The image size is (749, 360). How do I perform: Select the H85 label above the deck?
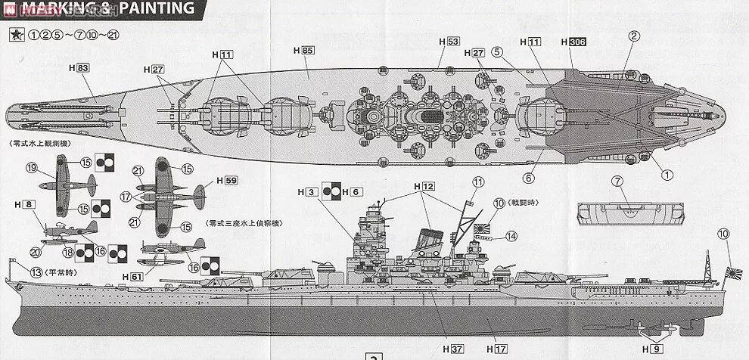pos(303,50)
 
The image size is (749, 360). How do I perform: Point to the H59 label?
pos(226,181)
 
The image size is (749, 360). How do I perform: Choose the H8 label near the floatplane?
pos(25,204)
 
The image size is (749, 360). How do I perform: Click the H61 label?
pos(132,277)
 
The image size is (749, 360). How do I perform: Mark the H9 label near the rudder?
pos(651,349)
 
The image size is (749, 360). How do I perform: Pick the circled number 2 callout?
pos(634,35)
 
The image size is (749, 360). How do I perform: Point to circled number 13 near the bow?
pos(36,272)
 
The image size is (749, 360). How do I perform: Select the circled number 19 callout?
pos(31,168)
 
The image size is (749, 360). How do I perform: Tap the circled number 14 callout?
pos(511,235)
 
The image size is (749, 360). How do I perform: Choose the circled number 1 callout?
pos(667,175)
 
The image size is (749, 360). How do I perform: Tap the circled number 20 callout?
pos(35,252)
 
